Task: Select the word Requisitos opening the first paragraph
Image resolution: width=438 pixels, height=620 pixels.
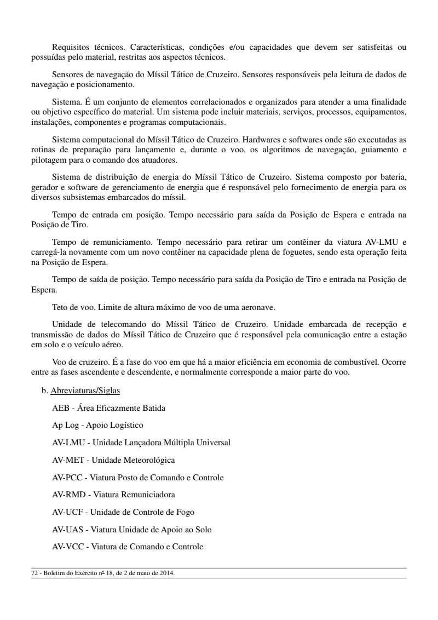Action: (69, 47)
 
